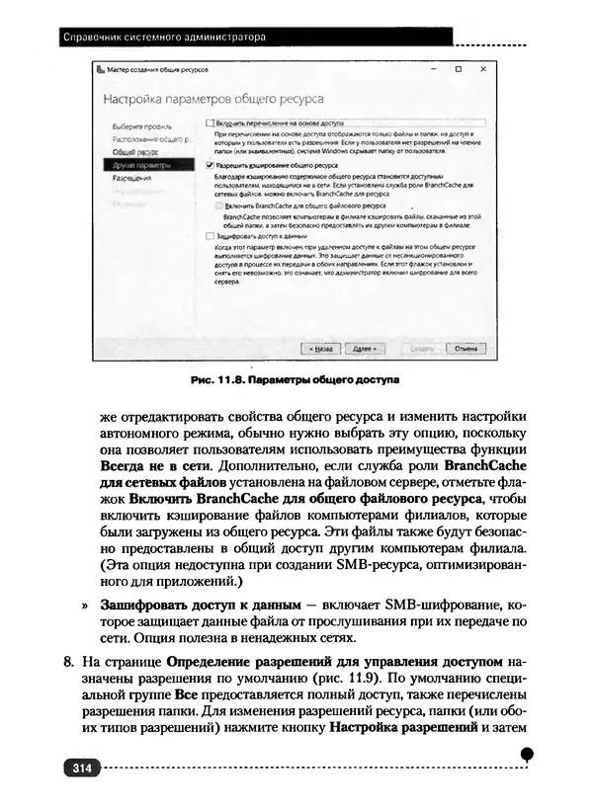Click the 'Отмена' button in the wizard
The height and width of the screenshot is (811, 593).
(464, 348)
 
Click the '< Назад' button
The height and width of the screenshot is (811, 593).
(319, 348)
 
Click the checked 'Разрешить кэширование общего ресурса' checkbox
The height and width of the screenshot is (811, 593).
(209, 166)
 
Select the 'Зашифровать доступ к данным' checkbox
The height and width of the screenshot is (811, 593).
(209, 236)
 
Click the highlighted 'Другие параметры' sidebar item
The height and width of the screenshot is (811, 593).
(134, 166)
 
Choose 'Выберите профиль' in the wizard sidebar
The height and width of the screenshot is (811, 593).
(135, 128)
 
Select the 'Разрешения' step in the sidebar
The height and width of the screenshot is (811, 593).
(131, 179)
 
